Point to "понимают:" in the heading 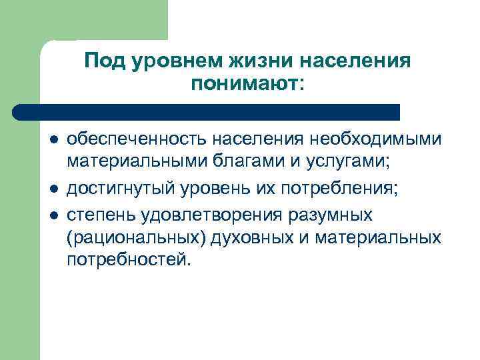point(247,84)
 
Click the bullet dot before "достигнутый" point(53,189)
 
